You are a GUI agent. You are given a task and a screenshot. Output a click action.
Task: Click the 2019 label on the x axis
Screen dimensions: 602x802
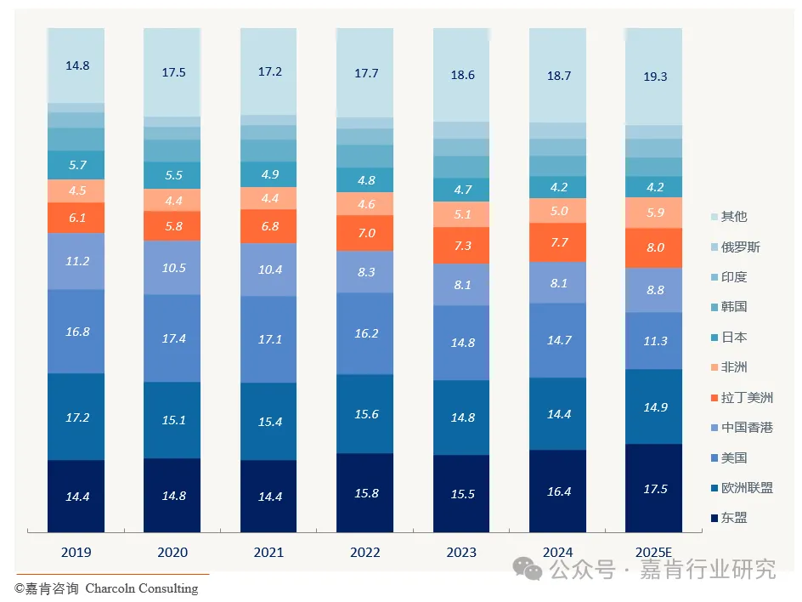point(76,553)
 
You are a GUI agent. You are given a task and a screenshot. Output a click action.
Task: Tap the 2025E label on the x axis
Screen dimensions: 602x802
point(653,553)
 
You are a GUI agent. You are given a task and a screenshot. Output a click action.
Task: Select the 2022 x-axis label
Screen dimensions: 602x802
point(364,553)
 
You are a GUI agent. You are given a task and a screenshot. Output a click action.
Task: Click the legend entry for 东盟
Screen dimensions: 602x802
point(734,518)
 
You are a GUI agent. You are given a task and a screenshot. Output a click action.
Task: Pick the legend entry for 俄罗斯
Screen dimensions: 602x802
point(740,247)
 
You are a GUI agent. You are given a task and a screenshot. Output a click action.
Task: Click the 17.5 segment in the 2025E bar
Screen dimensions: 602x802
point(654,489)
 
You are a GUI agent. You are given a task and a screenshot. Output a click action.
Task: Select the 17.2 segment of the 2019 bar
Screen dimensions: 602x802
point(77,417)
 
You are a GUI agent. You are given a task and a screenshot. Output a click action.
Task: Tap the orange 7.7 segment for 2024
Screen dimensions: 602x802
point(558,242)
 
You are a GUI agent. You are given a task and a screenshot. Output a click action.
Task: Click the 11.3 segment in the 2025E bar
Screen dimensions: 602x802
point(654,341)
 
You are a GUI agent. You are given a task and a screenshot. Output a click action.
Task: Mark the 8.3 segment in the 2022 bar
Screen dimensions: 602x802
point(365,272)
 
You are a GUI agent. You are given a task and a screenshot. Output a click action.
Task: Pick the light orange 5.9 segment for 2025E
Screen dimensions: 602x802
point(654,213)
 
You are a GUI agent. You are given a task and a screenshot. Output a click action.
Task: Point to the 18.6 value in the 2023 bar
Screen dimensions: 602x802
point(461,75)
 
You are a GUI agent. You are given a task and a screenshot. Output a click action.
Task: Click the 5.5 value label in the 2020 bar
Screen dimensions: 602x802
point(172,175)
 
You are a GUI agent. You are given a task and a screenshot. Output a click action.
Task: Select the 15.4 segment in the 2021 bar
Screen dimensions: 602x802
point(269,422)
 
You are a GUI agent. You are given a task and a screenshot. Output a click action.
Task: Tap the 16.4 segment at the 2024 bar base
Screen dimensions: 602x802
point(558,491)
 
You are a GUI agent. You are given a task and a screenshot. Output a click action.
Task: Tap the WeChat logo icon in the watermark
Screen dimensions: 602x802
point(532,568)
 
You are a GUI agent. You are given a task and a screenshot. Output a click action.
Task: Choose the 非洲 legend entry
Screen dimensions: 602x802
point(734,367)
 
